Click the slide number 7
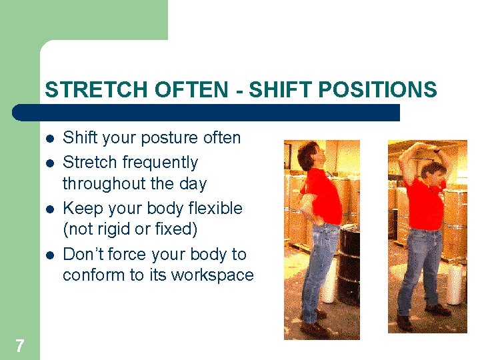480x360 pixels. (x=19, y=345)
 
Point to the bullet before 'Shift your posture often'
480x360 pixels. (x=49, y=139)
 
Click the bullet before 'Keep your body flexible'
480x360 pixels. (x=49, y=209)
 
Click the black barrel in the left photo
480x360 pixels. (x=349, y=267)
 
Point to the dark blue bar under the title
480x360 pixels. (x=207, y=112)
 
